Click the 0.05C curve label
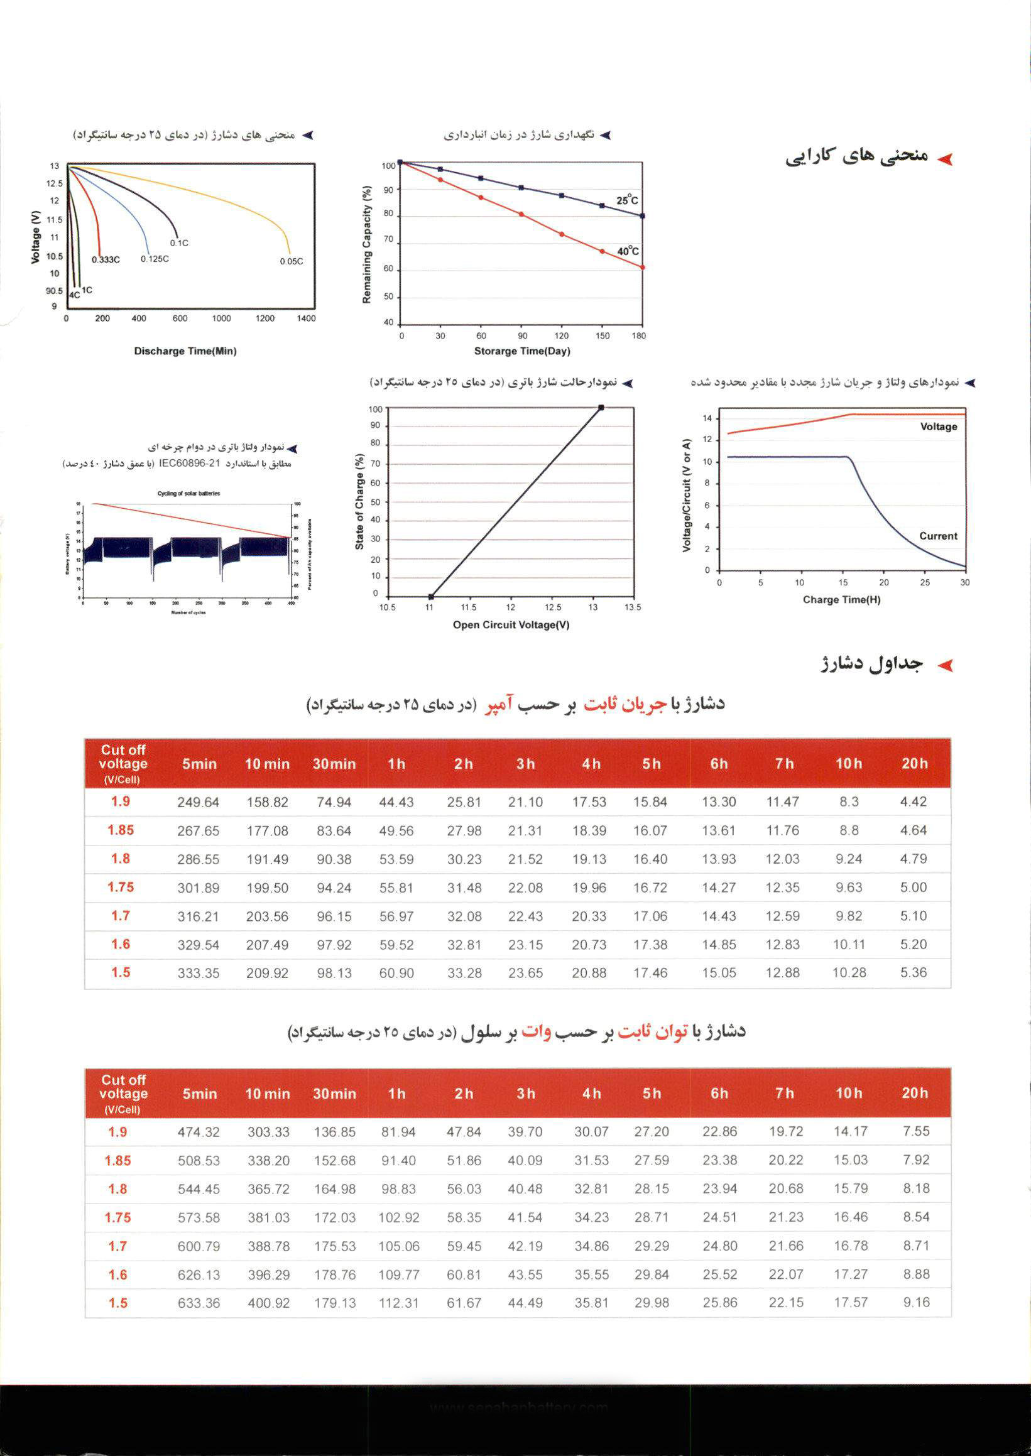pos(292,261)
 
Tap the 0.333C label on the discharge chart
pos(106,259)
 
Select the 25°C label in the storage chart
pos(627,200)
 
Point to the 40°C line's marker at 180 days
pos(643,267)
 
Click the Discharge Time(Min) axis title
pos(185,351)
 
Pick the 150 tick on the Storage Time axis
pos(603,336)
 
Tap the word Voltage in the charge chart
pos(938,426)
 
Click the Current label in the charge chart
pos(937,536)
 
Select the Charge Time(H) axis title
pos(841,599)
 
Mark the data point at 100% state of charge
pos(601,408)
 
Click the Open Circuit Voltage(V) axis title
pos(510,624)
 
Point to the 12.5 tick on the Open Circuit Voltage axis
pos(552,607)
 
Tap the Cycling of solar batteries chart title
pos(188,493)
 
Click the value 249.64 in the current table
pos(198,802)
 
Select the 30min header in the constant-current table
pos(334,764)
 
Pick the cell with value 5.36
pos(913,972)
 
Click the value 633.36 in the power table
pos(199,1303)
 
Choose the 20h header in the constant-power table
pos(914,1093)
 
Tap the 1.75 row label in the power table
pos(118,1217)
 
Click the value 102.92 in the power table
pos(399,1217)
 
